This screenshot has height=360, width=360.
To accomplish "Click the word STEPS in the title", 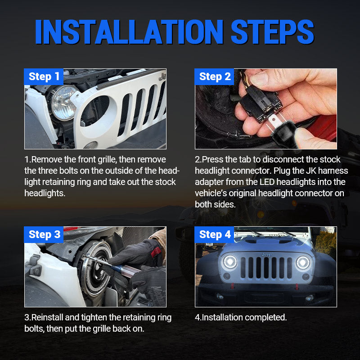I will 272,32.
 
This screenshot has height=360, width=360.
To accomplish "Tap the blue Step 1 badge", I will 44,76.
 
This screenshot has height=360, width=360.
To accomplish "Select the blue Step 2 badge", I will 215,76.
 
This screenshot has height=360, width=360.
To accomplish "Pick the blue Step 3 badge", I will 44,234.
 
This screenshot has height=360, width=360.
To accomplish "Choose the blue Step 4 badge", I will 215,234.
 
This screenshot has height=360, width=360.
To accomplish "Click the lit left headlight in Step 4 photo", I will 230,262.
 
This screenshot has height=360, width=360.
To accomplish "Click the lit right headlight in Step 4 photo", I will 303,263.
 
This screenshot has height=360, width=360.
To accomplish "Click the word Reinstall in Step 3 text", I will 50,318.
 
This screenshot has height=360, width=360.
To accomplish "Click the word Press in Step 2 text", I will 215,160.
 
